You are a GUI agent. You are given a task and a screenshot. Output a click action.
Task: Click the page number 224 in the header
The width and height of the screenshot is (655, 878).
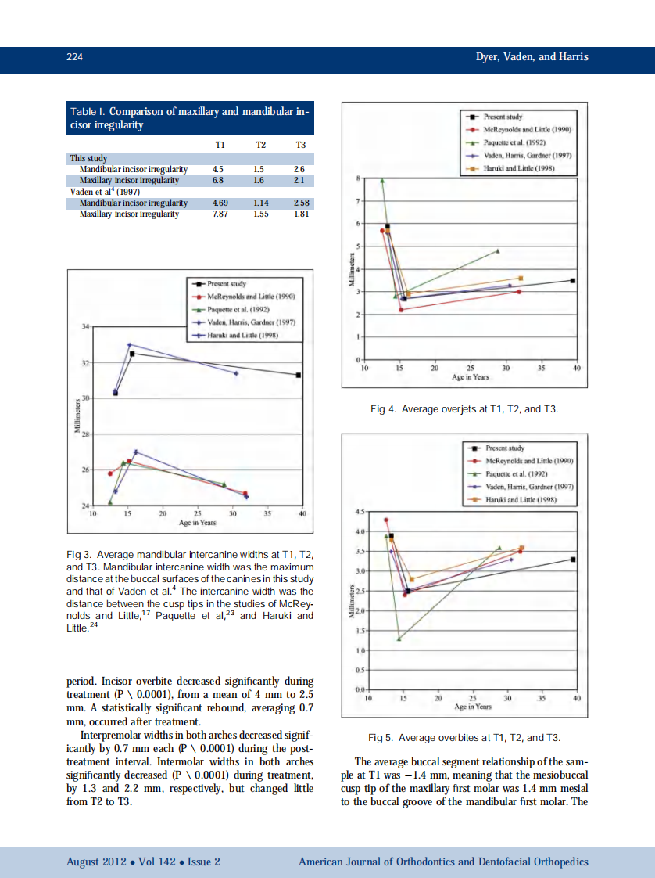(75, 57)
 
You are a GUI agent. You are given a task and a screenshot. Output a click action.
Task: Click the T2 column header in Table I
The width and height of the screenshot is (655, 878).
(260, 145)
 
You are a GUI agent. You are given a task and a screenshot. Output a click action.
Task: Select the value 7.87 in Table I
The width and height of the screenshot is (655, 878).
(220, 214)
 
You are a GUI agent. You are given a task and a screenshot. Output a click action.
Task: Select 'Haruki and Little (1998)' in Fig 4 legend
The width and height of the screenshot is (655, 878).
(529, 167)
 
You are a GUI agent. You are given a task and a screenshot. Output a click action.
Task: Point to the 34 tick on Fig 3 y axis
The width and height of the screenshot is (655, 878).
(85, 326)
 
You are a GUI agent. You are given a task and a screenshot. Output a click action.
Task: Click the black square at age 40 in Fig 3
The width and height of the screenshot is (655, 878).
(299, 375)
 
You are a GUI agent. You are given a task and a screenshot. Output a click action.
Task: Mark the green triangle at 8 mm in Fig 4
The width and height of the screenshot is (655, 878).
(382, 180)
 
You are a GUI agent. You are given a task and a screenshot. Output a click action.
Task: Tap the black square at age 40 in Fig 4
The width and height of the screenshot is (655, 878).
(573, 280)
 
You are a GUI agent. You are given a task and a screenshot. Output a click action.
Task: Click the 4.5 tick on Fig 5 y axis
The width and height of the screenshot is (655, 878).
(360, 512)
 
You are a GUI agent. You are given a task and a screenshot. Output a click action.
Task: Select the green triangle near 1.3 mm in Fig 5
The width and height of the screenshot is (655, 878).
(399, 639)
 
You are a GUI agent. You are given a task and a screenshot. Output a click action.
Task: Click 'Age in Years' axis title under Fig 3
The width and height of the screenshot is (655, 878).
(198, 523)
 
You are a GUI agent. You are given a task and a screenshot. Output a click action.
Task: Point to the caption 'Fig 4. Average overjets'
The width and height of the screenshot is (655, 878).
(464, 408)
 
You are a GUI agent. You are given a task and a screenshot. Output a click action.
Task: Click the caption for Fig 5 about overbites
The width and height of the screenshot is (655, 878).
(464, 738)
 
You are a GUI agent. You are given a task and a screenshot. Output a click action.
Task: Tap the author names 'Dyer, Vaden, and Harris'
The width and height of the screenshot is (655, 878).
(532, 57)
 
